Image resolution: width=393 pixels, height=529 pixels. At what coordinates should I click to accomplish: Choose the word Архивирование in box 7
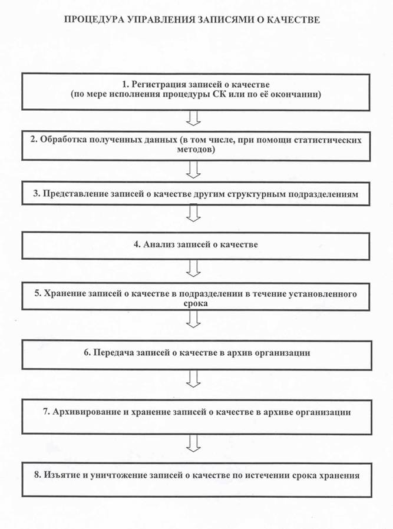[x=81, y=412]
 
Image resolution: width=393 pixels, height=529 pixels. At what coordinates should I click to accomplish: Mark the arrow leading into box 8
[x=193, y=441]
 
